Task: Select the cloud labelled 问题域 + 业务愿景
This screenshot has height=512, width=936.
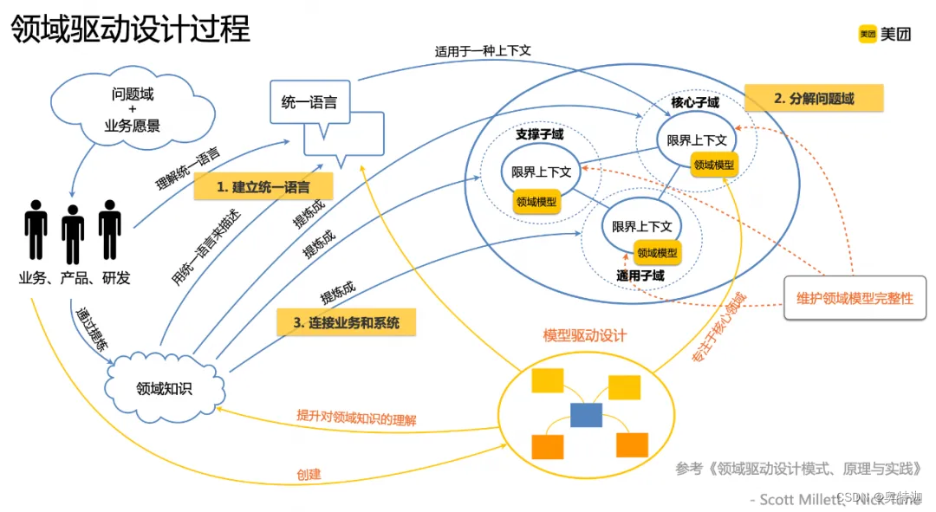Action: [x=132, y=109]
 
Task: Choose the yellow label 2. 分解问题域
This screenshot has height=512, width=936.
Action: [x=813, y=98]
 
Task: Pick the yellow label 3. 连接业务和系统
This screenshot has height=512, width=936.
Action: [x=346, y=322]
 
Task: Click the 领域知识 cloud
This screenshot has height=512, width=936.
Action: [x=164, y=388]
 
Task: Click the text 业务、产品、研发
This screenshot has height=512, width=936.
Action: [x=75, y=278]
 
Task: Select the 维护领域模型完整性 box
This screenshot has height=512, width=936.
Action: [x=855, y=298]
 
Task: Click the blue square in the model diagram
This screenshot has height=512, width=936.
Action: [x=586, y=415]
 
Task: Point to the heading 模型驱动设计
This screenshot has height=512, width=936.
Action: [x=584, y=335]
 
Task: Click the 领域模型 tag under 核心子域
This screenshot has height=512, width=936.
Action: [x=714, y=163]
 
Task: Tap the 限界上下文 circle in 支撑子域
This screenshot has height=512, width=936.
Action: [x=541, y=172]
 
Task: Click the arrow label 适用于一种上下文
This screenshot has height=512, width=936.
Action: [x=483, y=50]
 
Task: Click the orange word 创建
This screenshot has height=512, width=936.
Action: [x=309, y=474]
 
